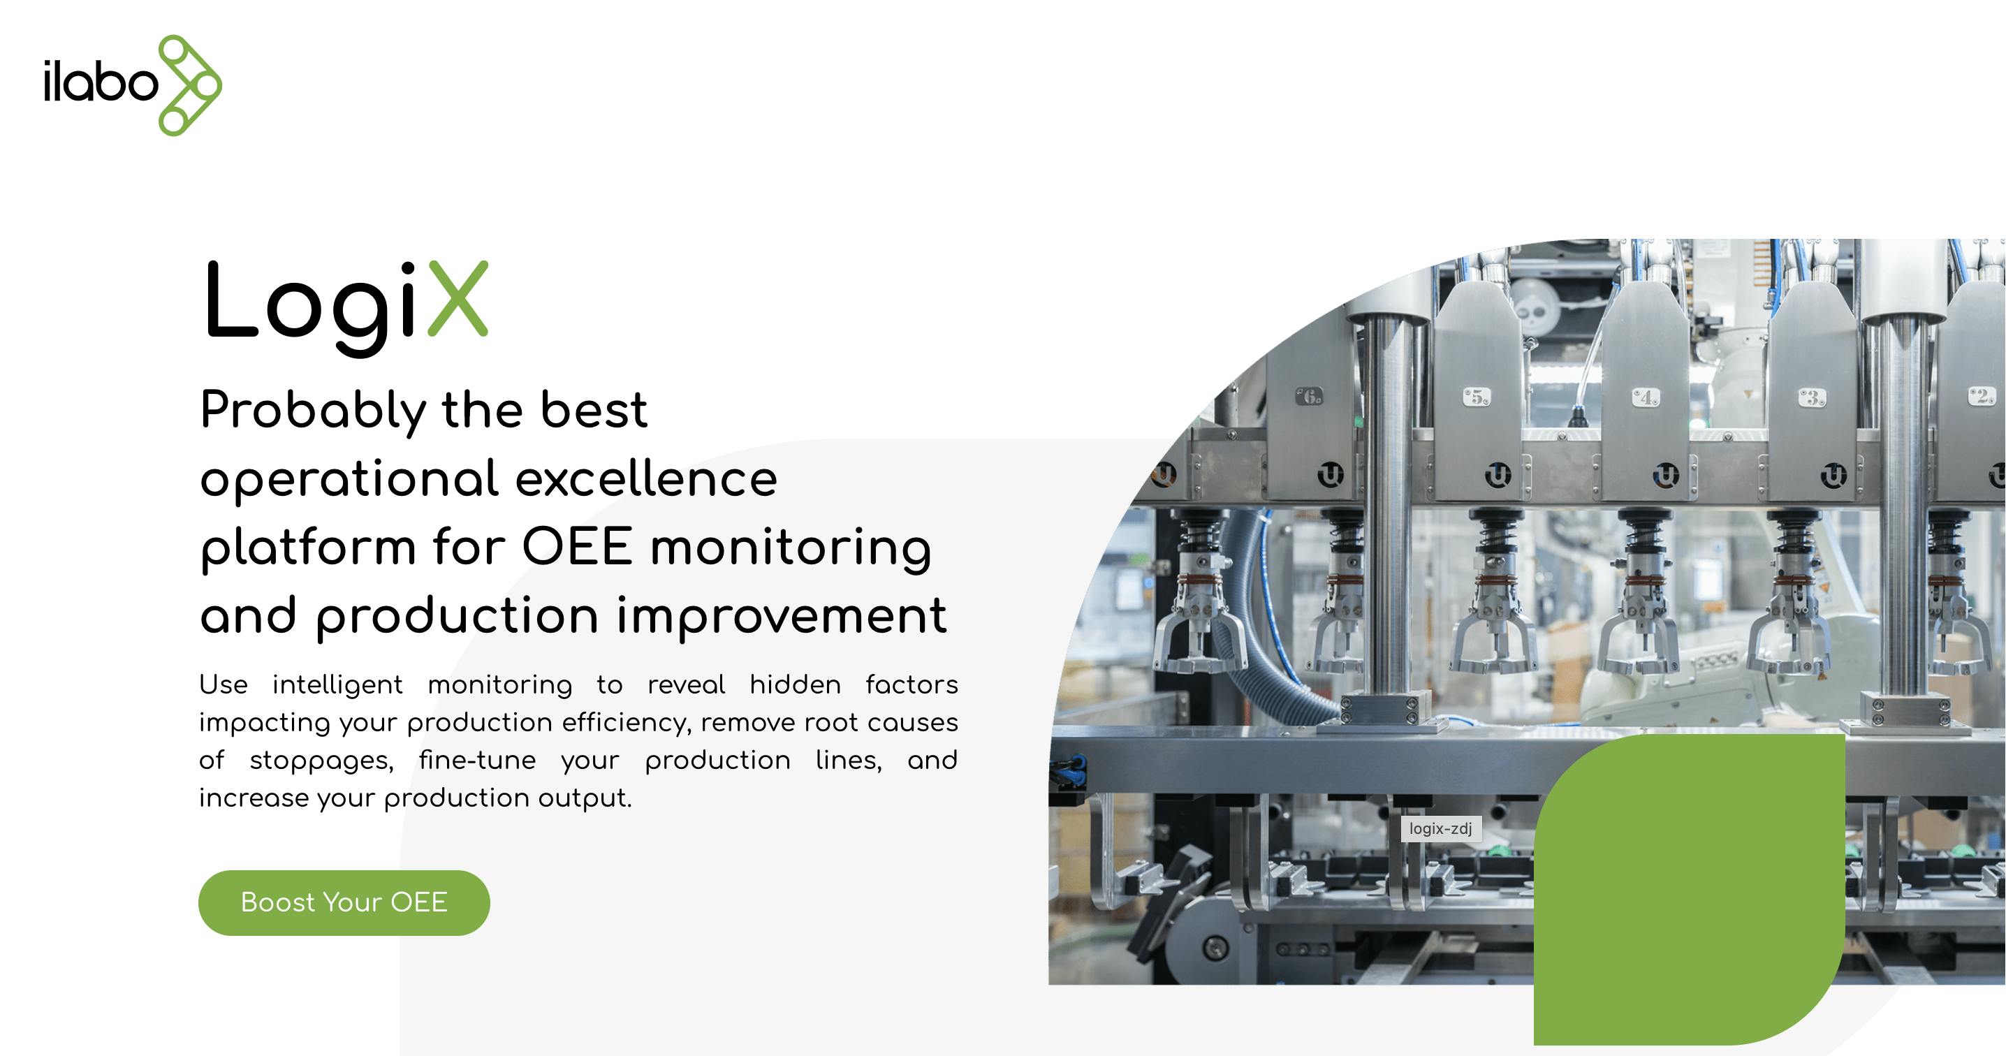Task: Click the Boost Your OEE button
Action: [344, 902]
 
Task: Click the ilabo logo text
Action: [101, 82]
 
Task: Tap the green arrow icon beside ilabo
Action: [190, 85]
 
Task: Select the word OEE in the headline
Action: [577, 547]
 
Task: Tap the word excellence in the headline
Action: [646, 478]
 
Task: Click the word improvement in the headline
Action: [782, 617]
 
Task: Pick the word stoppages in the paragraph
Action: [321, 761]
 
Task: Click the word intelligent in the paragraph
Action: [337, 684]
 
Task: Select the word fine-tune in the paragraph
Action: [477, 759]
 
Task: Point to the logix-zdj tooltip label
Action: [1441, 828]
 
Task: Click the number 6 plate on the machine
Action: [1309, 397]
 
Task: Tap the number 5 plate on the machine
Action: [1477, 397]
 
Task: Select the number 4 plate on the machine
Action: [1646, 398]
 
